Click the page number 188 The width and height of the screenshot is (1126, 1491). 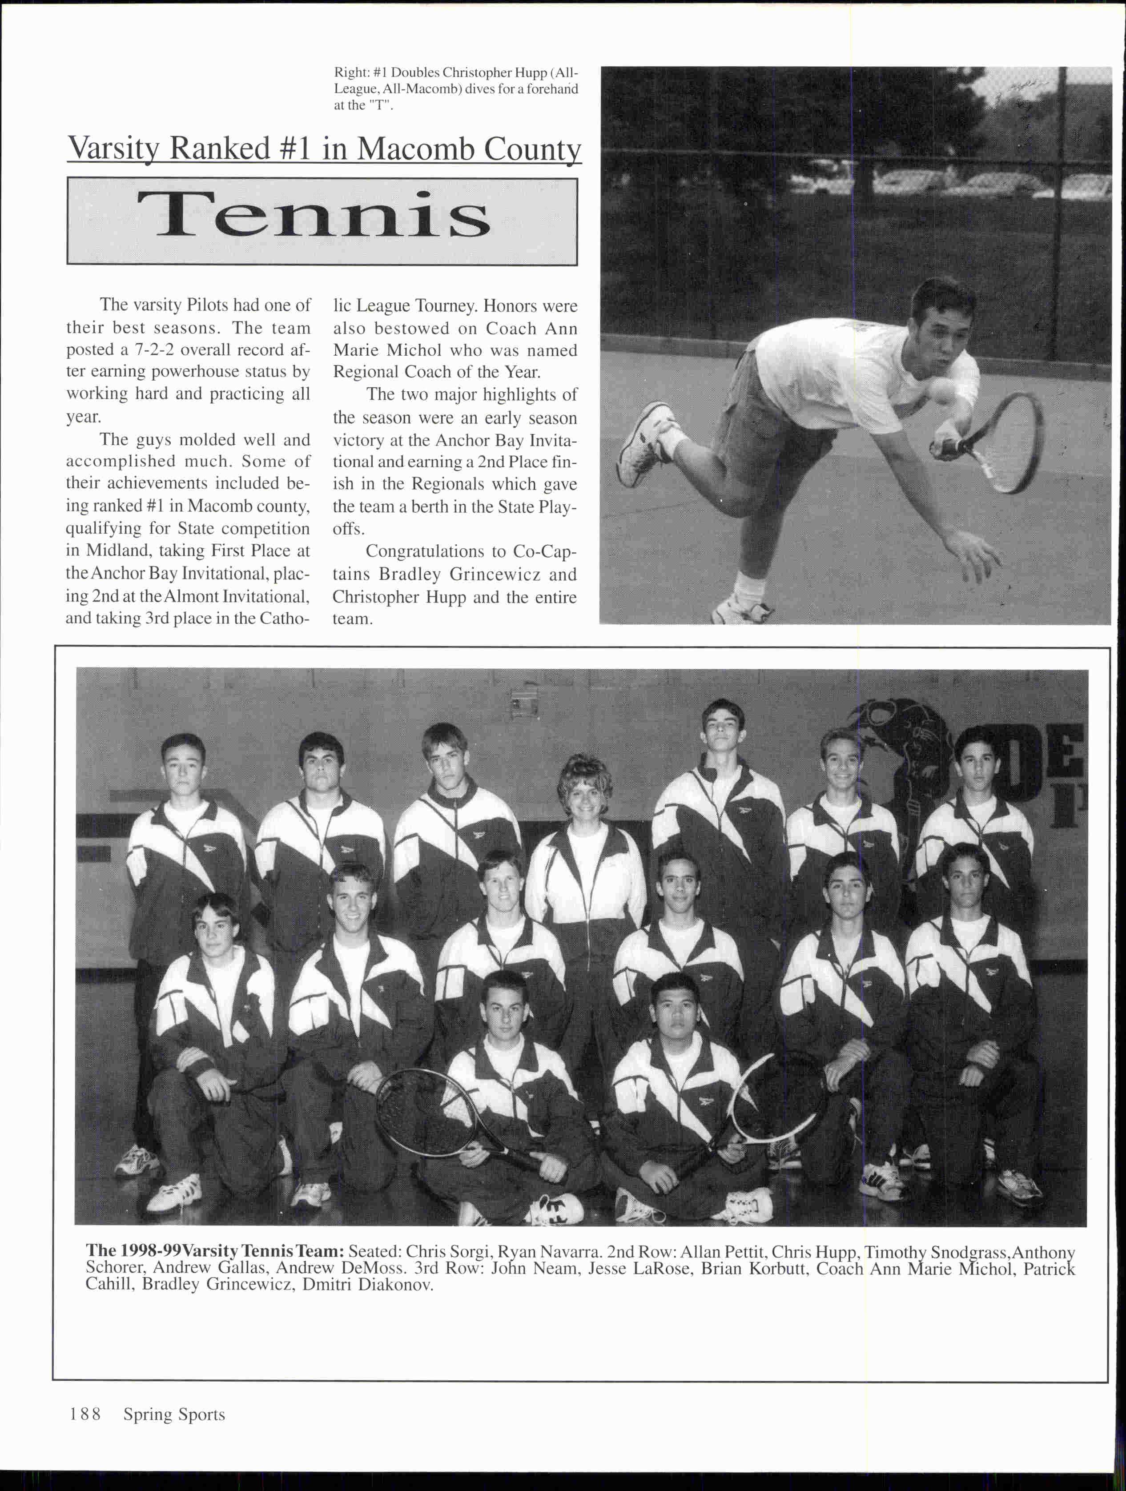tap(85, 1414)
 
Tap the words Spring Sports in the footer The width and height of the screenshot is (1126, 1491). tap(174, 1414)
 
